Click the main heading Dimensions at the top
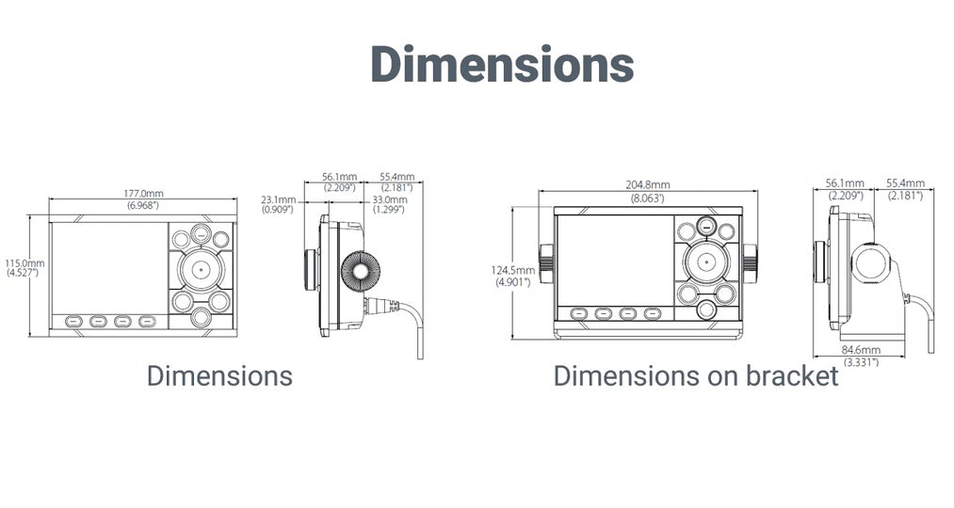pos(503,64)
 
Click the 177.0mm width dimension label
pos(143,194)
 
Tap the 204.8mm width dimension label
pos(647,184)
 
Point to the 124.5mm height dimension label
pos(513,270)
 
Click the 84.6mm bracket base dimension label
pos(861,350)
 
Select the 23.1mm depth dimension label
pos(279,199)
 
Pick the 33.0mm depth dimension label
pos(390,199)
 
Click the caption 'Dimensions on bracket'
pos(696,376)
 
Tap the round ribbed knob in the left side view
pos(360,271)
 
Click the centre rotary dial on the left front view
pos(201,268)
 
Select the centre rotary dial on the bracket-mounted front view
pos(705,262)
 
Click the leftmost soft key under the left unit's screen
pos(73,321)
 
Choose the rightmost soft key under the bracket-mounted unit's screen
pos(653,313)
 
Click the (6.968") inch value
pos(143,205)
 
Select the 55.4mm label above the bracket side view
pos(905,183)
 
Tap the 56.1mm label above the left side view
pos(339,177)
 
